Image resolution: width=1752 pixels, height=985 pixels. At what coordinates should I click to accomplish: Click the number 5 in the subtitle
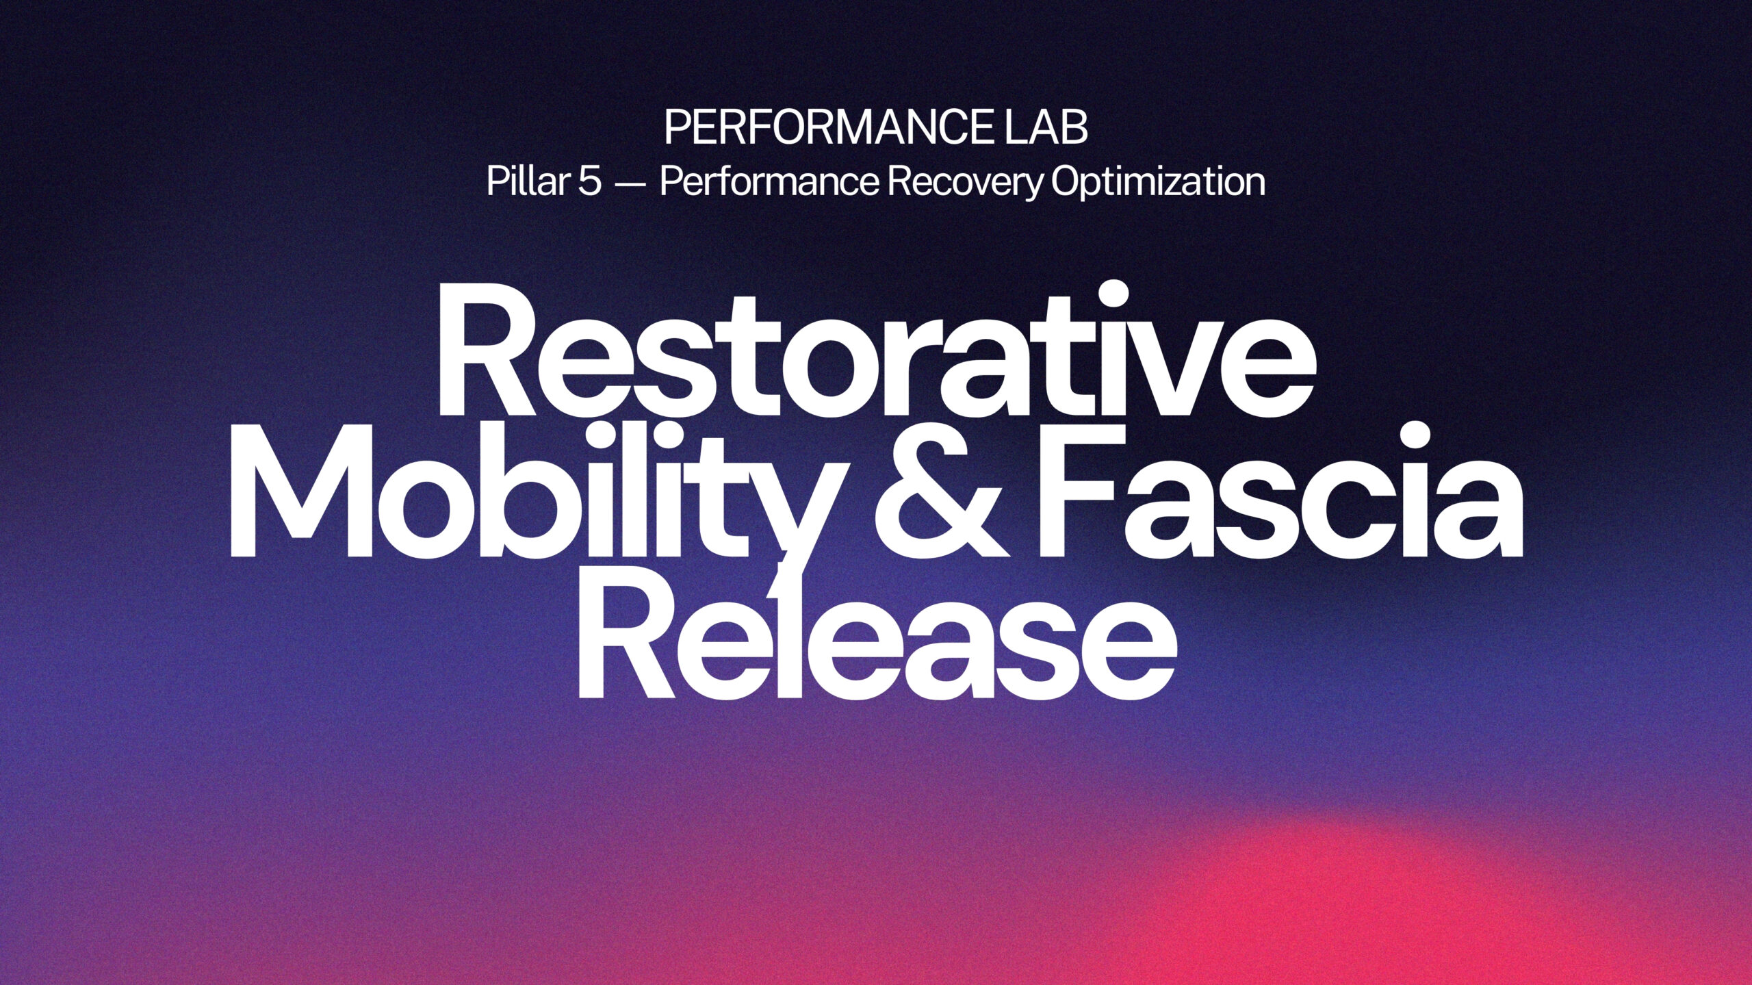click(589, 182)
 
